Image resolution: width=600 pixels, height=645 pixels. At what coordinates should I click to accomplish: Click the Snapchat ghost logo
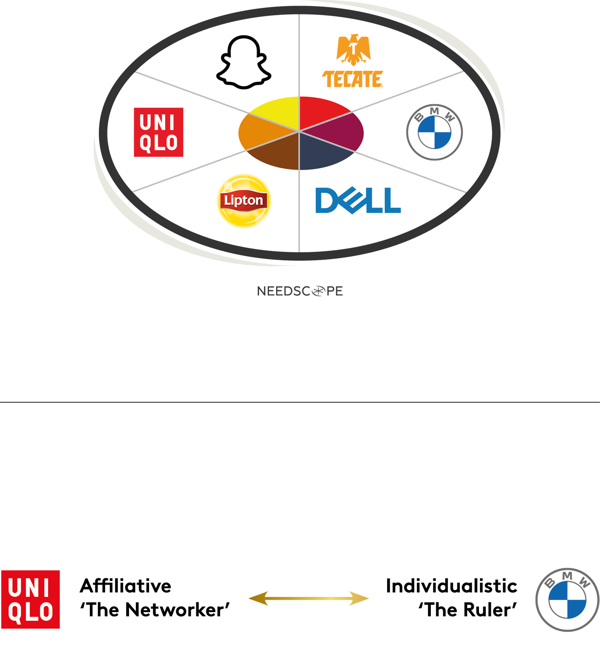(x=244, y=62)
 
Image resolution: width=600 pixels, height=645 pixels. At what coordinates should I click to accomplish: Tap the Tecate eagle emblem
(x=354, y=50)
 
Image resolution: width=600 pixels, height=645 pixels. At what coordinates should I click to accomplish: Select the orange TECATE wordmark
(x=353, y=79)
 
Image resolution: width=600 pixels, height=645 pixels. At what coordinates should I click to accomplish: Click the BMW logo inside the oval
(x=434, y=132)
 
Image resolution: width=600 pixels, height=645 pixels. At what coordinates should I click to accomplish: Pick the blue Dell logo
(x=358, y=200)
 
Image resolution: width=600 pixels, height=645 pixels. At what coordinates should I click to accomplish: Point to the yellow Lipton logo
(x=244, y=201)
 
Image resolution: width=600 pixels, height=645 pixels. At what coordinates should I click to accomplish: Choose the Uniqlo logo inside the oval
(x=158, y=132)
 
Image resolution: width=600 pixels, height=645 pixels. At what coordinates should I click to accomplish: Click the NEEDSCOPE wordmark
(x=300, y=291)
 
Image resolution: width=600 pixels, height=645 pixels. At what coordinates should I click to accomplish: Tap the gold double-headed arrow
(x=309, y=599)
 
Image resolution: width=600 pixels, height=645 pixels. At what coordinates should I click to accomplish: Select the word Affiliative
(x=125, y=586)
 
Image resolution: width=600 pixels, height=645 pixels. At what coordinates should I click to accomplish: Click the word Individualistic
(x=451, y=586)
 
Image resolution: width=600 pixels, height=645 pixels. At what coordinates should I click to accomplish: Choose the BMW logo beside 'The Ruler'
(x=567, y=599)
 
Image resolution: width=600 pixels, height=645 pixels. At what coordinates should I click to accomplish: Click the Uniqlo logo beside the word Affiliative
(x=30, y=599)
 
